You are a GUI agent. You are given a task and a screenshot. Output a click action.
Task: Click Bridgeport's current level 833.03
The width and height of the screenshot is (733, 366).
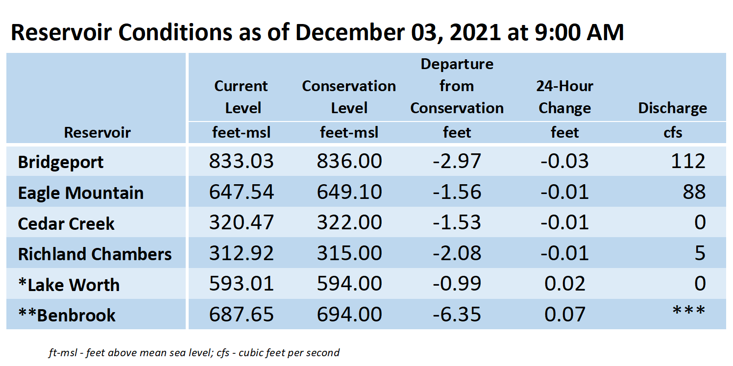pyautogui.click(x=241, y=161)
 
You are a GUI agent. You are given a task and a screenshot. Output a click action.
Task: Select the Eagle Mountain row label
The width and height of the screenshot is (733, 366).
pyautogui.click(x=81, y=193)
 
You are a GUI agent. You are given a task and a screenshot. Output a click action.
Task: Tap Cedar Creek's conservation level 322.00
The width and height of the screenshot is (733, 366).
pyautogui.click(x=349, y=222)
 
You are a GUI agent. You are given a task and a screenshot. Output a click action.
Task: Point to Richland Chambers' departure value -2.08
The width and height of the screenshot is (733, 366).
pyautogui.click(x=457, y=253)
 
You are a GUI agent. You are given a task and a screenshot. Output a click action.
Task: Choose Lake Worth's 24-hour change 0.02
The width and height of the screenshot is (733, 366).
pyautogui.click(x=565, y=284)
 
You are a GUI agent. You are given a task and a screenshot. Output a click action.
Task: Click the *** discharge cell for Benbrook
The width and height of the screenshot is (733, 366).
pyautogui.click(x=689, y=311)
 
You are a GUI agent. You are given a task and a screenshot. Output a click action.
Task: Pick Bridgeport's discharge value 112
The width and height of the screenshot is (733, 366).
pyautogui.click(x=688, y=161)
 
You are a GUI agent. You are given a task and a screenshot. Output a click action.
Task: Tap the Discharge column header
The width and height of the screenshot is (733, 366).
pyautogui.click(x=672, y=108)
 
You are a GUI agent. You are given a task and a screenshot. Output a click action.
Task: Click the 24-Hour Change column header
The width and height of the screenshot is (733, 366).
pyautogui.click(x=565, y=97)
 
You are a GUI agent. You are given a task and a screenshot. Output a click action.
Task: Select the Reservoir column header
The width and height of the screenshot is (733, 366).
pyautogui.click(x=97, y=132)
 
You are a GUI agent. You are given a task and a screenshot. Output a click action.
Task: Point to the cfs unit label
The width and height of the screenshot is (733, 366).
pyautogui.click(x=673, y=132)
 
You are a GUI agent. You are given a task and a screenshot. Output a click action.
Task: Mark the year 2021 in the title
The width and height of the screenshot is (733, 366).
pyautogui.click(x=475, y=33)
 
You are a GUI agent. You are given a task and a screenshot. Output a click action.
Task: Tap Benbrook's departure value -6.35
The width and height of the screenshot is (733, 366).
pyautogui.click(x=457, y=315)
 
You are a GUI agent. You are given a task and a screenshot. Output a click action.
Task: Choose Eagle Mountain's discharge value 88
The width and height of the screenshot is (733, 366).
pyautogui.click(x=694, y=192)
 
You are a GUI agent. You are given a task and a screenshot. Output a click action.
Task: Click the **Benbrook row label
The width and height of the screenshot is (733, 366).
pyautogui.click(x=67, y=315)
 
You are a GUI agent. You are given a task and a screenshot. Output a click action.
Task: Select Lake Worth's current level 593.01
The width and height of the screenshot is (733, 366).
pyautogui.click(x=241, y=284)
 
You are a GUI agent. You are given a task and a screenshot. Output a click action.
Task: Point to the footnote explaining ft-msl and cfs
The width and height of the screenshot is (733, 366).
pyautogui.click(x=194, y=353)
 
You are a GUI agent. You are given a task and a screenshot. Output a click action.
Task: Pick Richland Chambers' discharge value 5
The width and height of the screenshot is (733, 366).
pyautogui.click(x=700, y=253)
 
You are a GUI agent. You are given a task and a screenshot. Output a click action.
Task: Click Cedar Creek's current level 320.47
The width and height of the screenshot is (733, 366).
pyautogui.click(x=241, y=222)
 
